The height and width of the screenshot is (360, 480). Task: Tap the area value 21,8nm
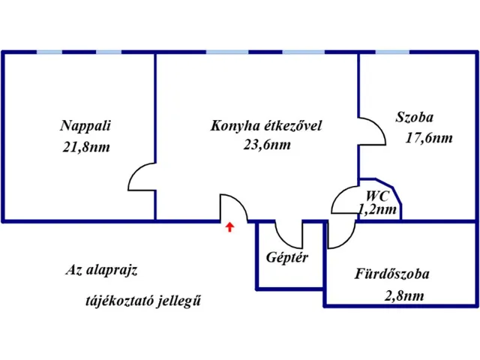86,147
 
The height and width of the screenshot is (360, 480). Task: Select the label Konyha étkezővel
266,125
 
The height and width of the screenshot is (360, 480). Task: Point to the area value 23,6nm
267,145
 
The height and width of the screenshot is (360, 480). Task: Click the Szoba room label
414,117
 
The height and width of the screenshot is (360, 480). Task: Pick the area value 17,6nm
429,137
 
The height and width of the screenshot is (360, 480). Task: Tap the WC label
376,196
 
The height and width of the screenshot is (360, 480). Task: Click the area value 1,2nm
377,210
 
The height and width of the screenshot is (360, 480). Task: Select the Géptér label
287,256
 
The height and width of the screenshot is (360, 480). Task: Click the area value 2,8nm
403,295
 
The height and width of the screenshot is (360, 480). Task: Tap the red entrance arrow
230,226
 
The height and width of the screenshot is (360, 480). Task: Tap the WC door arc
345,199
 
